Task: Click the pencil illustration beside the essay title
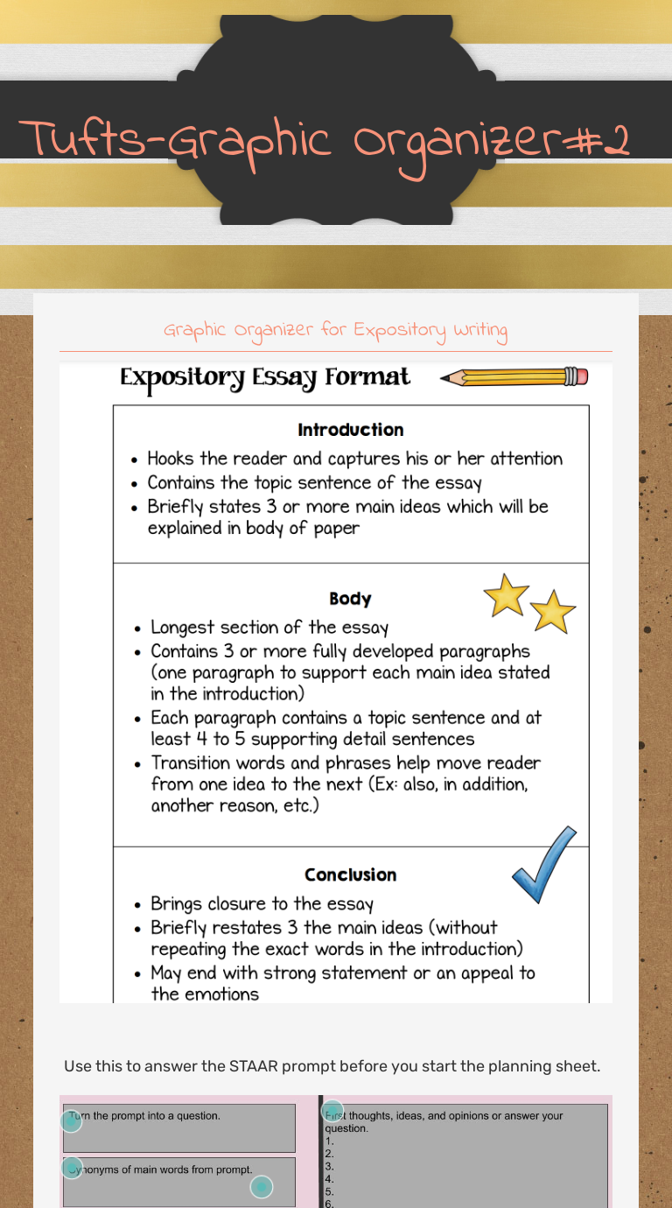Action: coord(514,377)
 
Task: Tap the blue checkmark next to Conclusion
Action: coord(543,864)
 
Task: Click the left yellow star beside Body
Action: coord(506,595)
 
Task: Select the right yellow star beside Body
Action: coord(553,611)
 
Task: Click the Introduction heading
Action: coord(350,430)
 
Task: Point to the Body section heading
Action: coord(350,599)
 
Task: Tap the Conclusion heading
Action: coord(350,874)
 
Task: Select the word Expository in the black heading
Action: coord(182,378)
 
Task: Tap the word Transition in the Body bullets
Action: coord(192,762)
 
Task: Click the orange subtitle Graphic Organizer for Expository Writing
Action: coord(336,331)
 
